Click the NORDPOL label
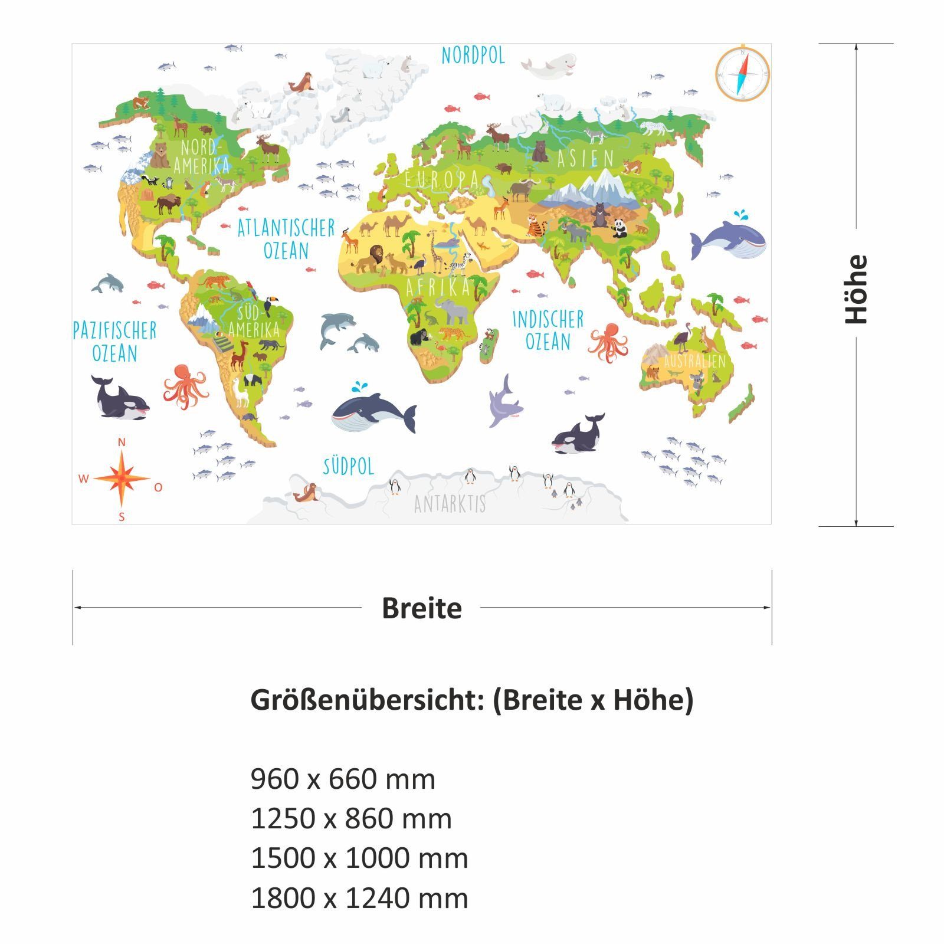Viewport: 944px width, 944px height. [x=473, y=55]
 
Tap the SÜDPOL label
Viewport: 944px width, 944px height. [x=348, y=466]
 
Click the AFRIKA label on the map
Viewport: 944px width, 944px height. [x=438, y=287]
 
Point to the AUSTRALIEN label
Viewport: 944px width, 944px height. [x=694, y=360]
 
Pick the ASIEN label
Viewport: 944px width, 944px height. [x=585, y=158]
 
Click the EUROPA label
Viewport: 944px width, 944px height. [x=441, y=179]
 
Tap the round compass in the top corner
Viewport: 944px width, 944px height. [x=742, y=74]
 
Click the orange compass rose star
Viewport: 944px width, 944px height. [x=121, y=478]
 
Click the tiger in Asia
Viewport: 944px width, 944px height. [x=536, y=225]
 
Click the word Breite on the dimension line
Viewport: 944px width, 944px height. [x=421, y=608]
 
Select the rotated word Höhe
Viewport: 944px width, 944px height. [x=857, y=289]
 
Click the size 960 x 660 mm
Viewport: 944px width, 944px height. [x=343, y=779]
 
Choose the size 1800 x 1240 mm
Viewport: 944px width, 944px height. [x=359, y=898]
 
